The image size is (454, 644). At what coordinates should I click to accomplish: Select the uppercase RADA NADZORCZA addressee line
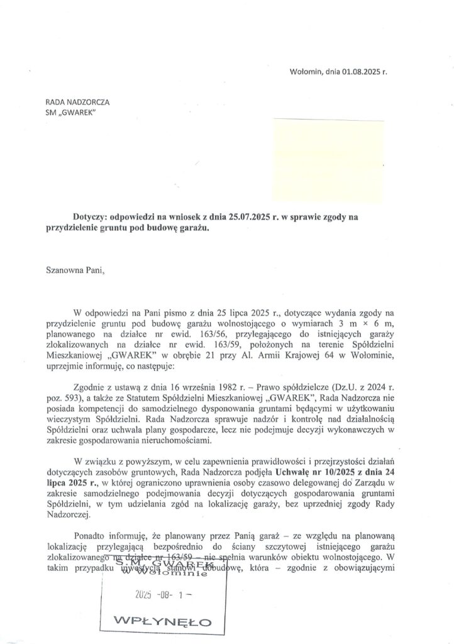point(74,101)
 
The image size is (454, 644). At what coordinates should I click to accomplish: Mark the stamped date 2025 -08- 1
point(162,592)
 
